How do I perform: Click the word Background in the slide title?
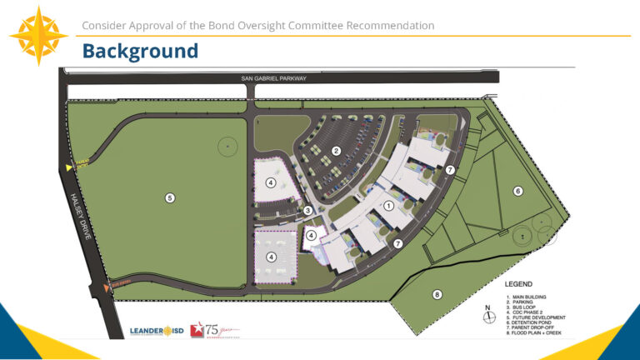pyautogui.click(x=140, y=52)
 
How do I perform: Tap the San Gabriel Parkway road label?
pyautogui.click(x=273, y=78)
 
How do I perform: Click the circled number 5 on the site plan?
pyautogui.click(x=170, y=198)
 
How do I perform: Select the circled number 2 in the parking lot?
pyautogui.click(x=337, y=151)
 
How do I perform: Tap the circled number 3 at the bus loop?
pyautogui.click(x=307, y=210)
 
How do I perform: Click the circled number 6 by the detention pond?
pyautogui.click(x=517, y=192)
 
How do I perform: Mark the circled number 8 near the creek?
pyautogui.click(x=437, y=294)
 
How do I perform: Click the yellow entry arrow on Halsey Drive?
pyautogui.click(x=70, y=167)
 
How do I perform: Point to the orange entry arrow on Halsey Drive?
pyautogui.click(x=106, y=288)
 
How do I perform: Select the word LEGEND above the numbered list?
pyautogui.click(x=518, y=283)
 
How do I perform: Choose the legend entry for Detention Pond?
pyautogui.click(x=534, y=322)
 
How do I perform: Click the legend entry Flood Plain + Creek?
pyautogui.click(x=537, y=332)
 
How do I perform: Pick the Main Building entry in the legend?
pyautogui.click(x=528, y=297)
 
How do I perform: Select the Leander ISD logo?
pyautogui.click(x=156, y=331)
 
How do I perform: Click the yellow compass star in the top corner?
pyautogui.click(x=38, y=35)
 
